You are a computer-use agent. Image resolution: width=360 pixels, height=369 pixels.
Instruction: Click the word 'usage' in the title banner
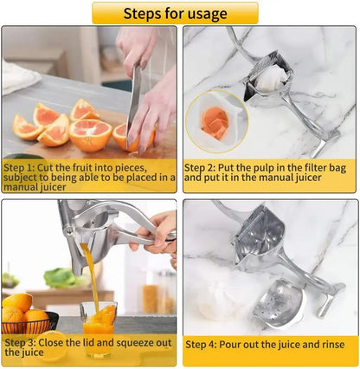click(x=204, y=13)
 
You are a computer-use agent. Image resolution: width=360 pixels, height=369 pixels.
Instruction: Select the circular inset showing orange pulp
click(x=216, y=121)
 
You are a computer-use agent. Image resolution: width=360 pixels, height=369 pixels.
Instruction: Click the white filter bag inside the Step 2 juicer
click(x=271, y=79)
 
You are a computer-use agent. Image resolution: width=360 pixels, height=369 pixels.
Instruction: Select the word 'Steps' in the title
click(x=144, y=13)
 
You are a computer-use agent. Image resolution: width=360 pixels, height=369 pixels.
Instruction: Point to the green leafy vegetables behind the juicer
click(x=61, y=277)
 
